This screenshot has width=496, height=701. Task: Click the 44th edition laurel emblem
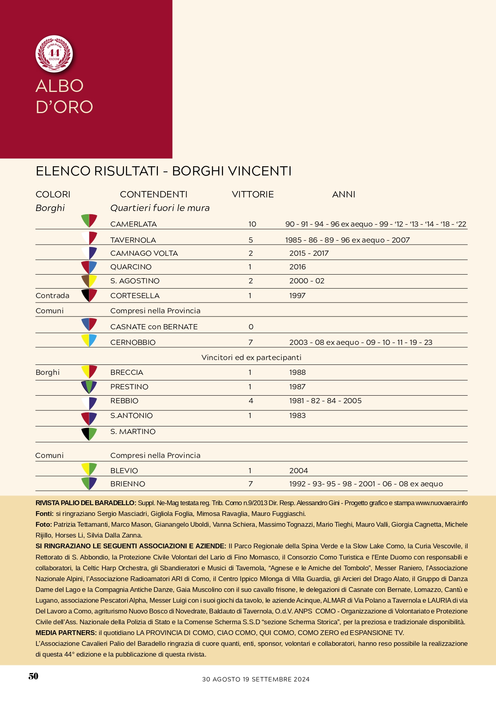(54, 54)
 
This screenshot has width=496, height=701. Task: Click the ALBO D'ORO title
(64, 96)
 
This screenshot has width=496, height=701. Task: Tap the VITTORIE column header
(253, 195)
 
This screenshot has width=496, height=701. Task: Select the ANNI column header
(343, 195)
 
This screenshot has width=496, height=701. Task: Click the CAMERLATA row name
(133, 224)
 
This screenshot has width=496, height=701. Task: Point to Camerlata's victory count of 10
(252, 224)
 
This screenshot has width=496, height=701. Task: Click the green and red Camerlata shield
(89, 220)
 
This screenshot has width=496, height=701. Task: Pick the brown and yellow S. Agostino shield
(89, 280)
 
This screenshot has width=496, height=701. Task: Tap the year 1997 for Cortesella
(297, 296)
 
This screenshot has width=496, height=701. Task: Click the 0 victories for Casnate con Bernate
(251, 327)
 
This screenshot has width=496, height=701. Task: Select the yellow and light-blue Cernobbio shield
(89, 340)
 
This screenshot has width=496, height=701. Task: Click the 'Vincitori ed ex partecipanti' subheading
(251, 358)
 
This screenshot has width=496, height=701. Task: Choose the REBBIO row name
(124, 401)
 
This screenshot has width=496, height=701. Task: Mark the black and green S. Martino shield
(89, 434)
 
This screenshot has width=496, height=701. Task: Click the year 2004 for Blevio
(299, 471)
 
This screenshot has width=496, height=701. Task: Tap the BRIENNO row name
(127, 484)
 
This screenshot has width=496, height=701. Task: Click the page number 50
(34, 676)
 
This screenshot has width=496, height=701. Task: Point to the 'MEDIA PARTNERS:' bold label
(66, 633)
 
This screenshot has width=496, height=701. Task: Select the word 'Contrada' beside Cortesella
(52, 296)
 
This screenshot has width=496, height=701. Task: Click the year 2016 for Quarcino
(297, 267)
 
